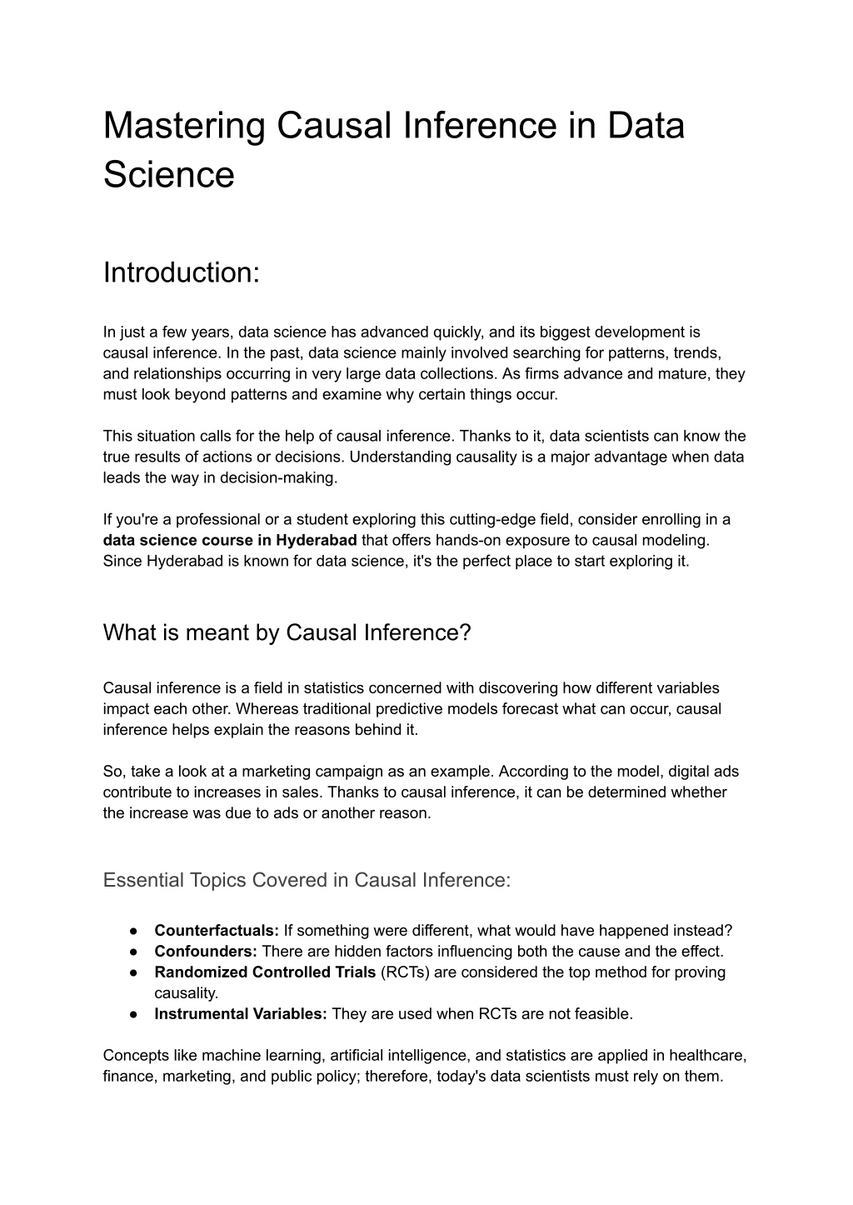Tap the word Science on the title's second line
(x=168, y=175)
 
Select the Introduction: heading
(x=182, y=272)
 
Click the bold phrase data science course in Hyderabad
(x=230, y=540)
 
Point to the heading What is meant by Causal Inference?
(x=287, y=632)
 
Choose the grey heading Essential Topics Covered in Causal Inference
(x=307, y=880)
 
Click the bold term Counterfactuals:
(x=217, y=931)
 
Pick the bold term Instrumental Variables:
(x=241, y=1014)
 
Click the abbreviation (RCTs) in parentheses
(x=407, y=972)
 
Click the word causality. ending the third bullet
(x=186, y=993)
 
